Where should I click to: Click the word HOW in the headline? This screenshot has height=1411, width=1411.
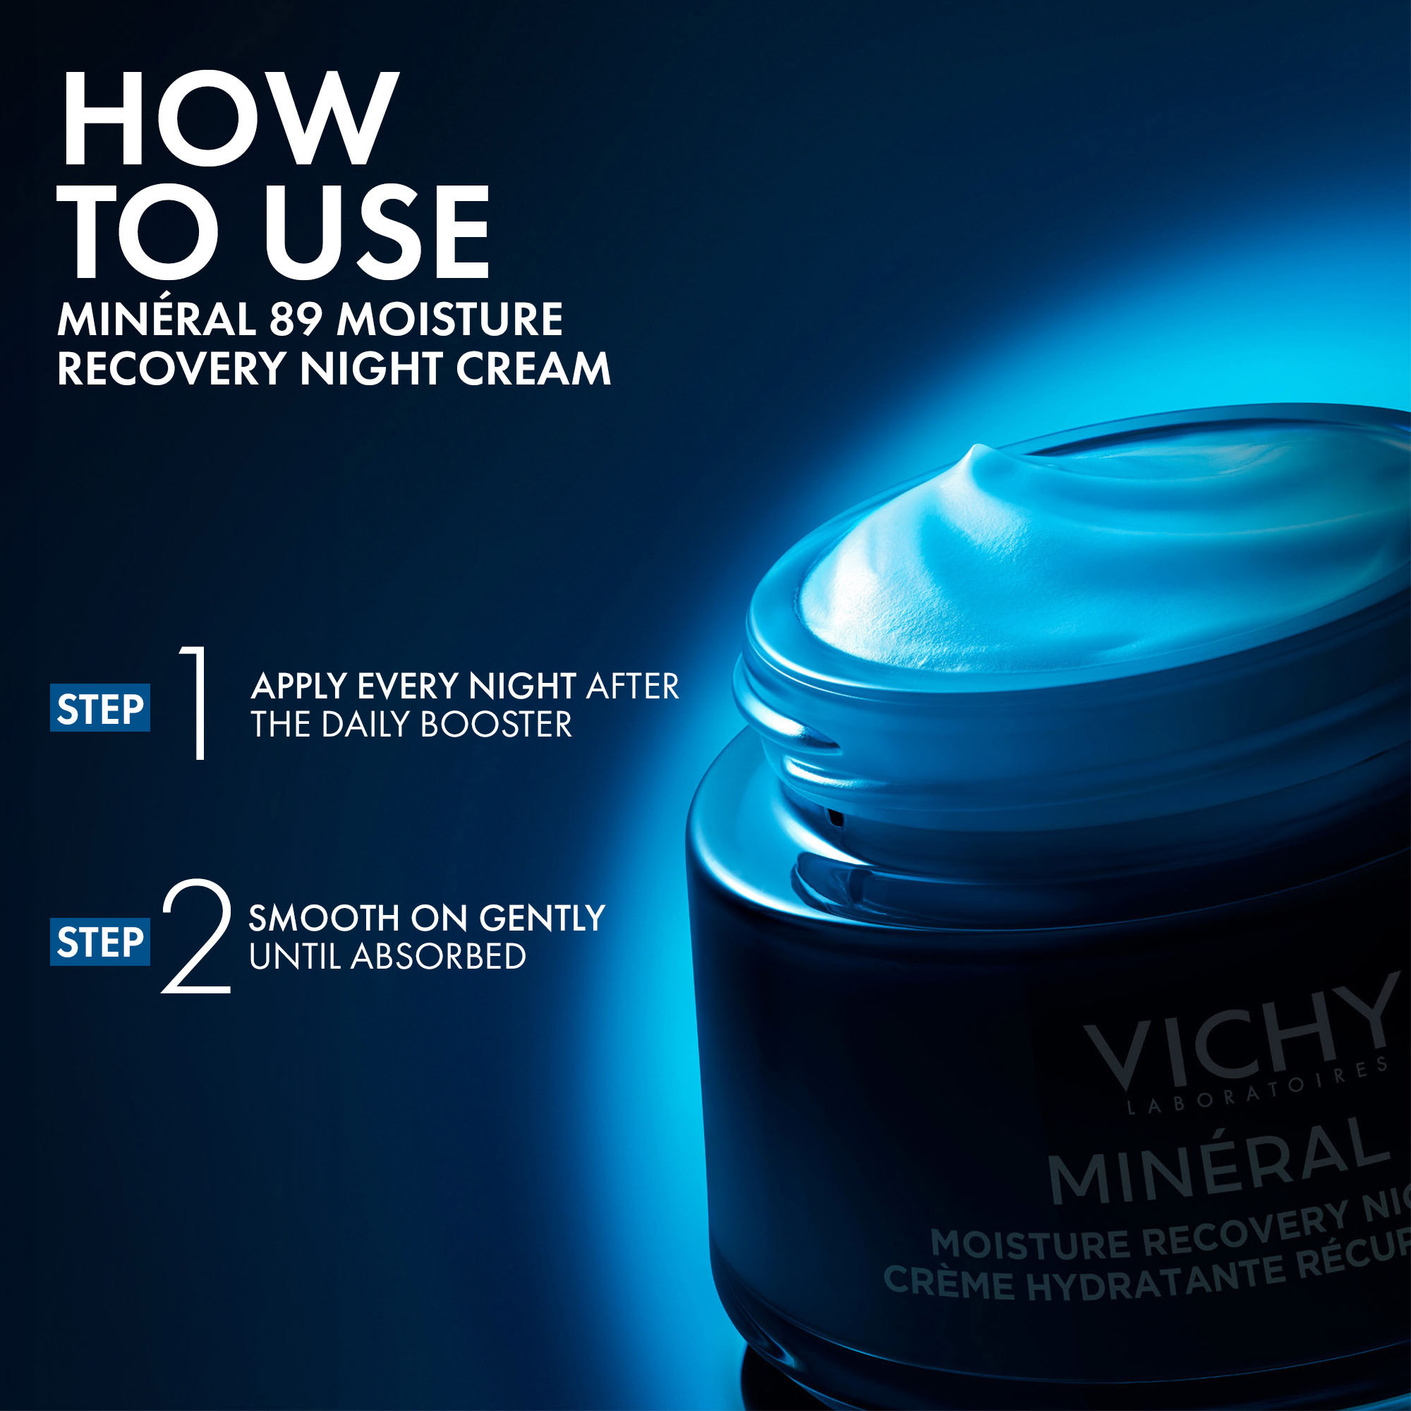click(x=229, y=119)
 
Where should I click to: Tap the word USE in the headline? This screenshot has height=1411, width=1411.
click(x=376, y=231)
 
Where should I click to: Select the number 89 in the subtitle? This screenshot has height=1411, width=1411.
click(x=296, y=320)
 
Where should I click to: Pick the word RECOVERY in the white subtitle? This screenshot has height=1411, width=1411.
click(x=171, y=368)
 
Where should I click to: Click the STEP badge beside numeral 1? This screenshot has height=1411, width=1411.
click(x=100, y=708)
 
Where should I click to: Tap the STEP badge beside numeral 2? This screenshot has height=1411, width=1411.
click(x=100, y=942)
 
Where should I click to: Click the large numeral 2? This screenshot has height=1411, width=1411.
click(x=195, y=937)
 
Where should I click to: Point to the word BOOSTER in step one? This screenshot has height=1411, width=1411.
click(x=496, y=725)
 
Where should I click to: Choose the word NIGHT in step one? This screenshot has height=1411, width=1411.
click(x=522, y=686)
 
